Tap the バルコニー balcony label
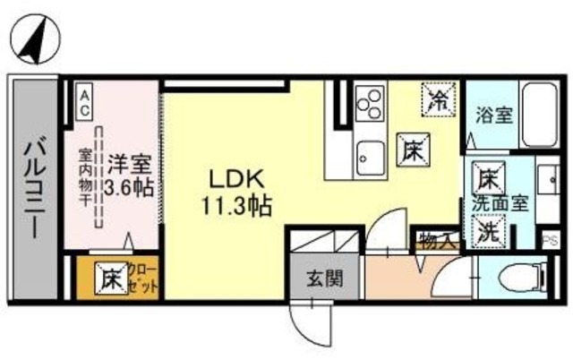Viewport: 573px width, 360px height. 35,183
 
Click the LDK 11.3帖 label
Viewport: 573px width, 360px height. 235,191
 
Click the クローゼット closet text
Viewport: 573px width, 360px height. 142,278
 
